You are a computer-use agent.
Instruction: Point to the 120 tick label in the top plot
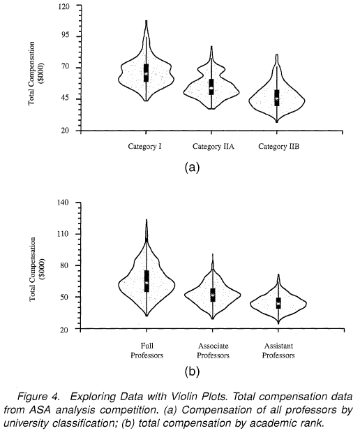(x=63, y=6)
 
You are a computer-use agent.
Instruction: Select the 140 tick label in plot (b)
(x=63, y=203)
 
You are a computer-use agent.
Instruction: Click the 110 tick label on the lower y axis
(x=63, y=234)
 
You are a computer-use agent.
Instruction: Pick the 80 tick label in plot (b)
(x=64, y=265)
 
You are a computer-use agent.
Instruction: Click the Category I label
(x=144, y=147)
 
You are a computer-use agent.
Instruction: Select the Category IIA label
(x=213, y=147)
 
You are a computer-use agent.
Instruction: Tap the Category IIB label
(x=278, y=147)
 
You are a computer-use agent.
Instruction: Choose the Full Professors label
(x=147, y=351)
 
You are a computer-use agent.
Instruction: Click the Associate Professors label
(x=213, y=351)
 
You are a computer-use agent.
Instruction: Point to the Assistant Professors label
(x=278, y=351)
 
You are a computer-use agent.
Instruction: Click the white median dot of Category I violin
(x=147, y=74)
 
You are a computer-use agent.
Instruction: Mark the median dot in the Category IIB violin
(x=277, y=98)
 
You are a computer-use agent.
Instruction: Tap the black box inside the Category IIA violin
(x=211, y=87)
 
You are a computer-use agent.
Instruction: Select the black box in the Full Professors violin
(x=147, y=281)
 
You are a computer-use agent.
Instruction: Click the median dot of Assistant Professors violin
(x=278, y=304)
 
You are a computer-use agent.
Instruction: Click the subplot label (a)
(x=192, y=168)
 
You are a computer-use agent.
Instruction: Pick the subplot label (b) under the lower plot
(x=192, y=372)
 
